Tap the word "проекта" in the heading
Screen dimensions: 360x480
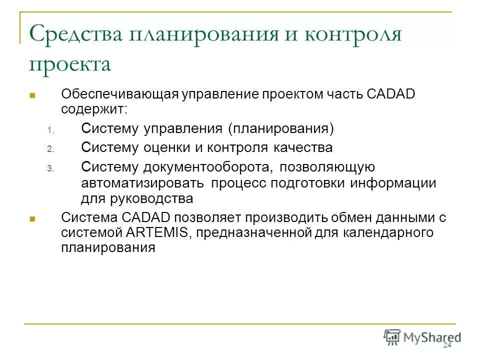tap(69, 65)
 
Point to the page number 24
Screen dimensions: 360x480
tap(447, 346)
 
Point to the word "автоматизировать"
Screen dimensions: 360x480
tap(143, 183)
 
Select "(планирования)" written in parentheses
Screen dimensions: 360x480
tap(281, 128)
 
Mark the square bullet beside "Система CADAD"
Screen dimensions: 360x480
tap(31, 218)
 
